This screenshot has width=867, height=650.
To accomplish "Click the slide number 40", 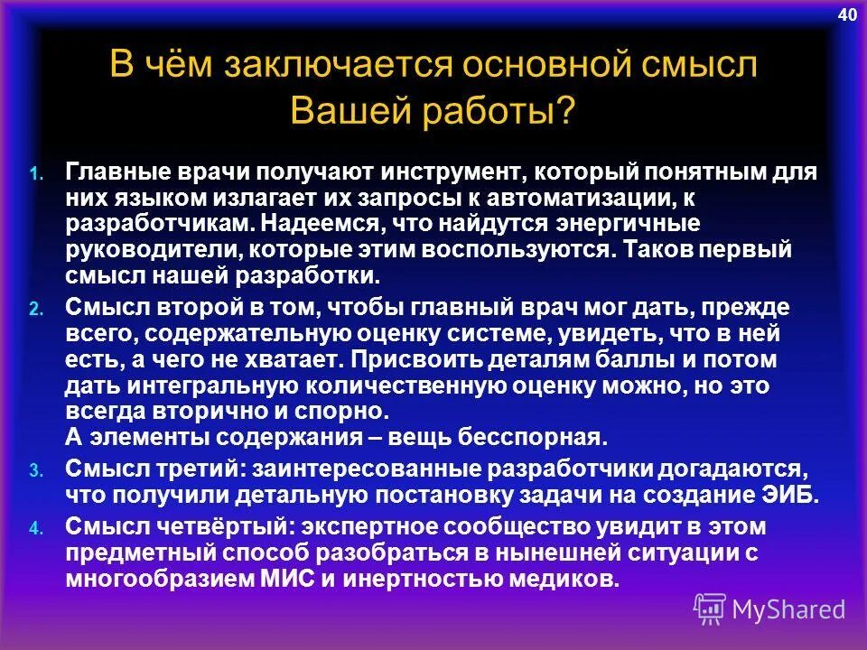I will [x=847, y=14].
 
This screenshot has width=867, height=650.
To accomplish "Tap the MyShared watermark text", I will [x=788, y=609].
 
